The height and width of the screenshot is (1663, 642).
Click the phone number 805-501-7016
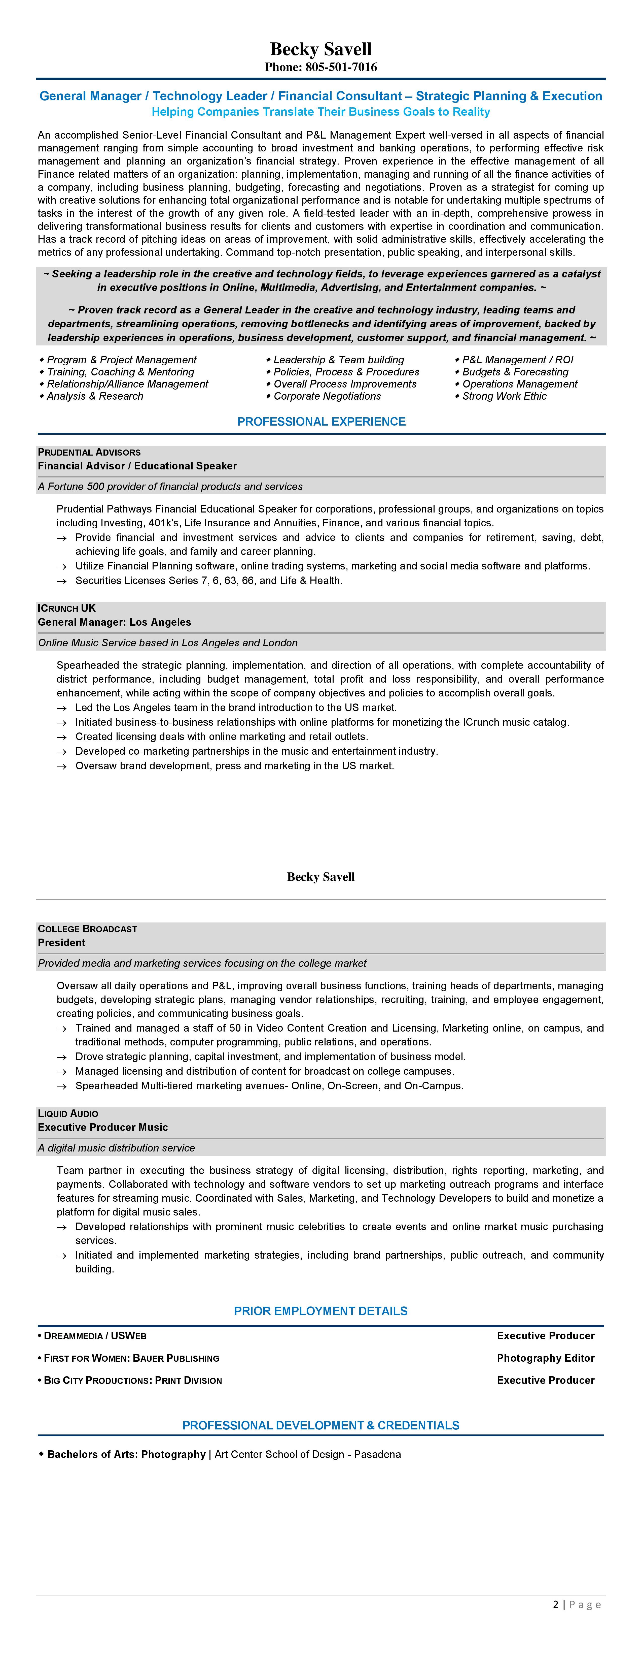point(341,67)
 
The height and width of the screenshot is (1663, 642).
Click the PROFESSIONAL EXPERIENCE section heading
point(321,422)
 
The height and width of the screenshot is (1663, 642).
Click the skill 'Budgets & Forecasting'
point(515,372)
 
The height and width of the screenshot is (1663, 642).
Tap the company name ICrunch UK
point(66,608)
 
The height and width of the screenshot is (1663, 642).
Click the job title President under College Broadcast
point(61,943)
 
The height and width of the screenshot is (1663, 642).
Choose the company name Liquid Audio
point(68,1114)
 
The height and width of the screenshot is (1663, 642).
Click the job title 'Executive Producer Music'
point(102,1127)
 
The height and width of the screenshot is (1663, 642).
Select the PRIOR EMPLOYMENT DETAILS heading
point(321,1311)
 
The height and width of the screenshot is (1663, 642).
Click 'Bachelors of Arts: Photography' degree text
point(126,1454)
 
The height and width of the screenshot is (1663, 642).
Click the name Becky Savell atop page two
point(321,877)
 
